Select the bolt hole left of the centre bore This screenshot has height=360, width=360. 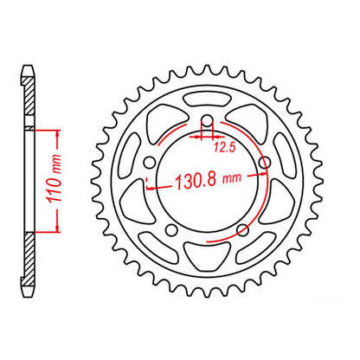point(149,164)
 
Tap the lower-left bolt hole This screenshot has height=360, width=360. point(170,230)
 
